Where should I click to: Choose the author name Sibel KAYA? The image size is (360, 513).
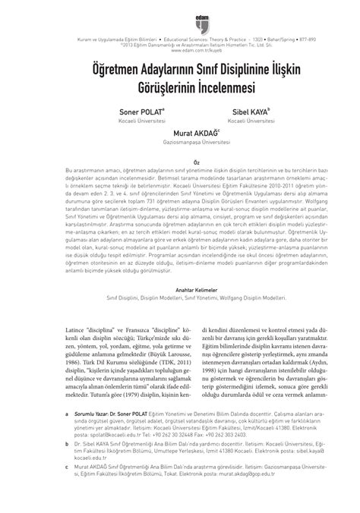[x=243, y=110]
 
